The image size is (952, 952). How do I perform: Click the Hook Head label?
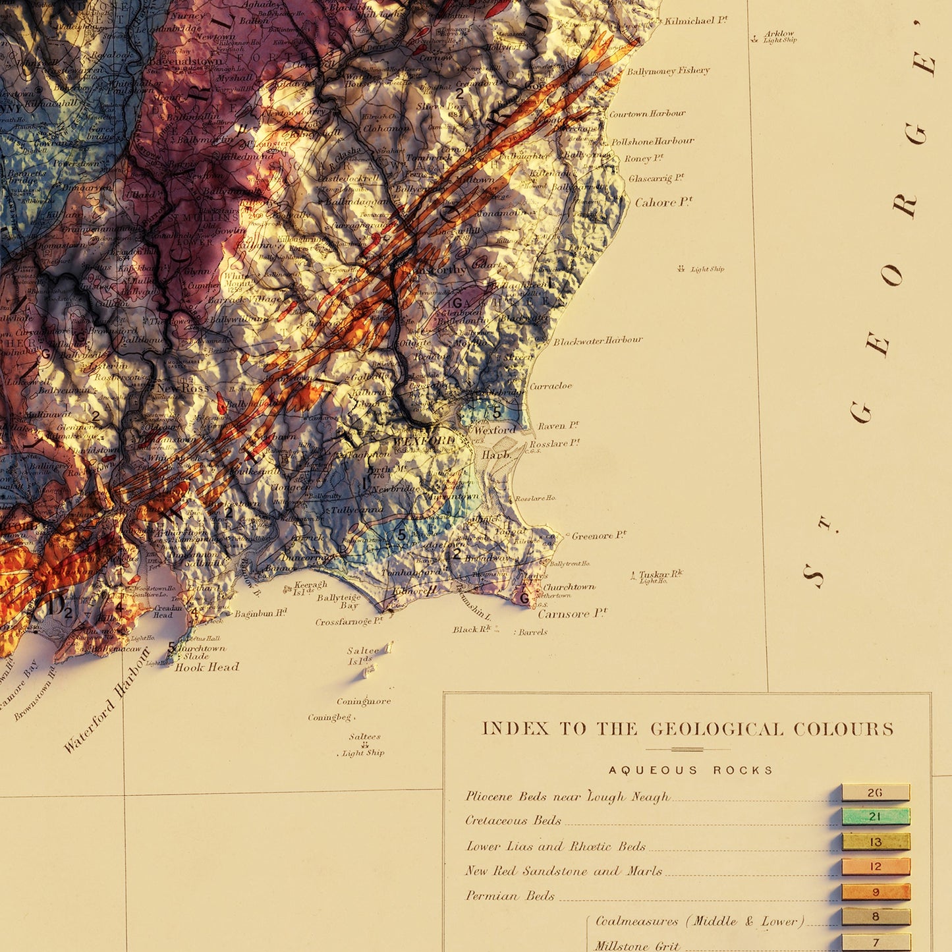click(x=207, y=667)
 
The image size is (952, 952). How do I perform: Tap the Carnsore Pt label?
click(x=572, y=614)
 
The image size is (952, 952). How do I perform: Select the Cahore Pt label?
click(x=663, y=202)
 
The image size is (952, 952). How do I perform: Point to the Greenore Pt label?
click(x=599, y=536)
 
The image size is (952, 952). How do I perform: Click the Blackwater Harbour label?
click(x=598, y=341)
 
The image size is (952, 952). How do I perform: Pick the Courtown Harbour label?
click(x=647, y=113)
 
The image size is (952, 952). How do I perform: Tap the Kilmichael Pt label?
click(x=696, y=20)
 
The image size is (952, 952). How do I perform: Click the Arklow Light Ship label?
click(x=779, y=36)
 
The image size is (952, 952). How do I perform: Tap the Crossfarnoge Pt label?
click(x=349, y=621)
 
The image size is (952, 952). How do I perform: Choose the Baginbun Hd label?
click(x=260, y=613)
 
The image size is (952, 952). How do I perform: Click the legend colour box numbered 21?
click(x=875, y=817)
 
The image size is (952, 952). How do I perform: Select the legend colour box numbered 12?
click(x=875, y=866)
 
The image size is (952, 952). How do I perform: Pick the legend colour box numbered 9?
click(x=875, y=892)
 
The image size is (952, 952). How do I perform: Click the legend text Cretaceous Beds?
click(x=513, y=820)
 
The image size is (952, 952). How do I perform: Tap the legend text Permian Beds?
click(x=510, y=895)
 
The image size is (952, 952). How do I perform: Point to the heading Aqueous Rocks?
click(x=690, y=770)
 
